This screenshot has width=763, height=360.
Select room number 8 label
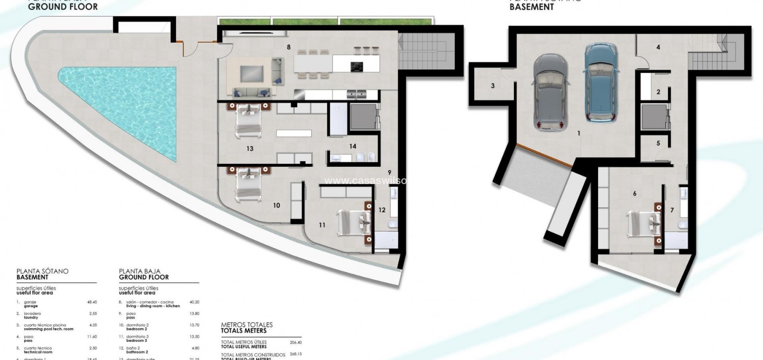pyautogui.click(x=289, y=47)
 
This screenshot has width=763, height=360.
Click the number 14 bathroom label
pyautogui.click(x=353, y=146)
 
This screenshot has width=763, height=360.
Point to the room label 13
pyautogui.click(x=250, y=149)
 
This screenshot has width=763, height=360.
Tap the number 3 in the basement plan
pyautogui.click(x=493, y=86)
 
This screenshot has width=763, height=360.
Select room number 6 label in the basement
pyautogui.click(x=634, y=193)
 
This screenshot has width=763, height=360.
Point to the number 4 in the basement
pyautogui.click(x=658, y=47)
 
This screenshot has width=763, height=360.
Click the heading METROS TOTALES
pyautogui.click(x=246, y=325)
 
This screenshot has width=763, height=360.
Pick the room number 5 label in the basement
pyautogui.click(x=658, y=143)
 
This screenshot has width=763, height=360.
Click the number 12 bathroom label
pyautogui.click(x=382, y=210)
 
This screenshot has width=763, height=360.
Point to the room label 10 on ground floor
pyautogui.click(x=276, y=205)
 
